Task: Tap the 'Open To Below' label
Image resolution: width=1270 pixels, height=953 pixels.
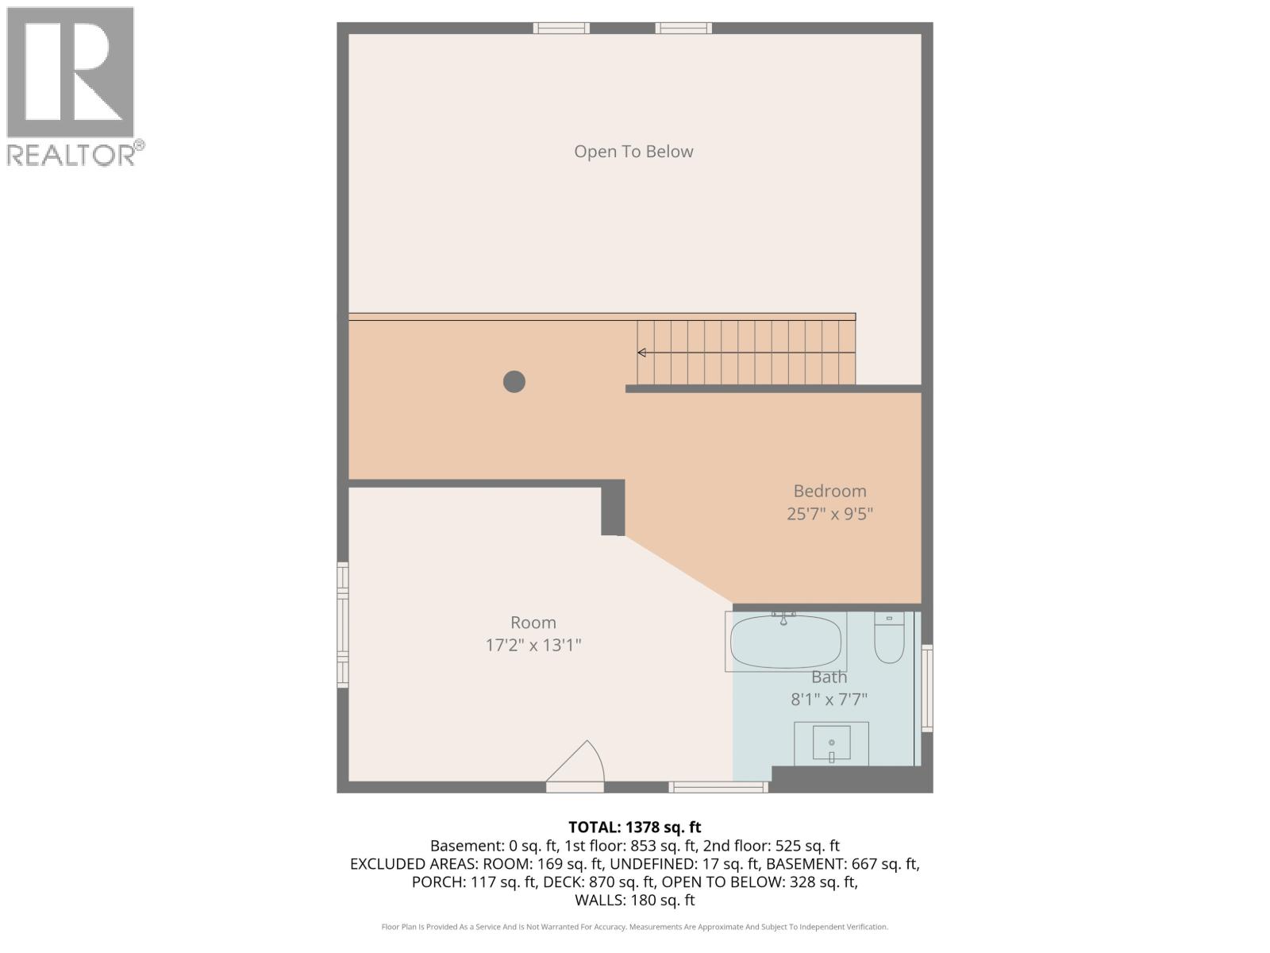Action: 633,152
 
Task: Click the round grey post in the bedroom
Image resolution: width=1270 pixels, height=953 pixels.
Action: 514,382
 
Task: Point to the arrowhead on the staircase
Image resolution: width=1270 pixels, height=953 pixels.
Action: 641,353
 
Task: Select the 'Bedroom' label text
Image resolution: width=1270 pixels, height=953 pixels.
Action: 829,491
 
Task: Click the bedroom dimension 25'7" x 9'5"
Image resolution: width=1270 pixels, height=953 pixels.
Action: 829,514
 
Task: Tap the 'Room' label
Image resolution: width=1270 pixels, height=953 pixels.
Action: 533,623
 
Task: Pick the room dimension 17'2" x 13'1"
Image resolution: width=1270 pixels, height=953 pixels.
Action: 533,645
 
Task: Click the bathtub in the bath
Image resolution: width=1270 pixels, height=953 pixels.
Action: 785,642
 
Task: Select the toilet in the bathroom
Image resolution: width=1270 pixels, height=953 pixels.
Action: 889,639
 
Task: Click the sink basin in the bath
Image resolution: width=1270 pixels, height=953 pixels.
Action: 831,743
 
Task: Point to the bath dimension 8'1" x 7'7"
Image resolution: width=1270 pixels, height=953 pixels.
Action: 829,700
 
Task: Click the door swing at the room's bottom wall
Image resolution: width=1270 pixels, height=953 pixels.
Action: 577,765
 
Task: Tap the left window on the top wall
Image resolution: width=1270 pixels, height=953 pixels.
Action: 561,29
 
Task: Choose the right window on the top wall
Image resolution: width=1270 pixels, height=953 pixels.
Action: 683,29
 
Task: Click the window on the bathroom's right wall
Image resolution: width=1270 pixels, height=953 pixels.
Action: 926,688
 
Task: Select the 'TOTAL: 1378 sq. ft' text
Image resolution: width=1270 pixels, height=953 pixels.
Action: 634,828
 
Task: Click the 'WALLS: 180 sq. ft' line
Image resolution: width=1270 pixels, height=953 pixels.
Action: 634,900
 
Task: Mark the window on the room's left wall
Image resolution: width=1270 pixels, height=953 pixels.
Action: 343,624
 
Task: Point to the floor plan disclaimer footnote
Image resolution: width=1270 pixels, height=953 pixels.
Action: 634,927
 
